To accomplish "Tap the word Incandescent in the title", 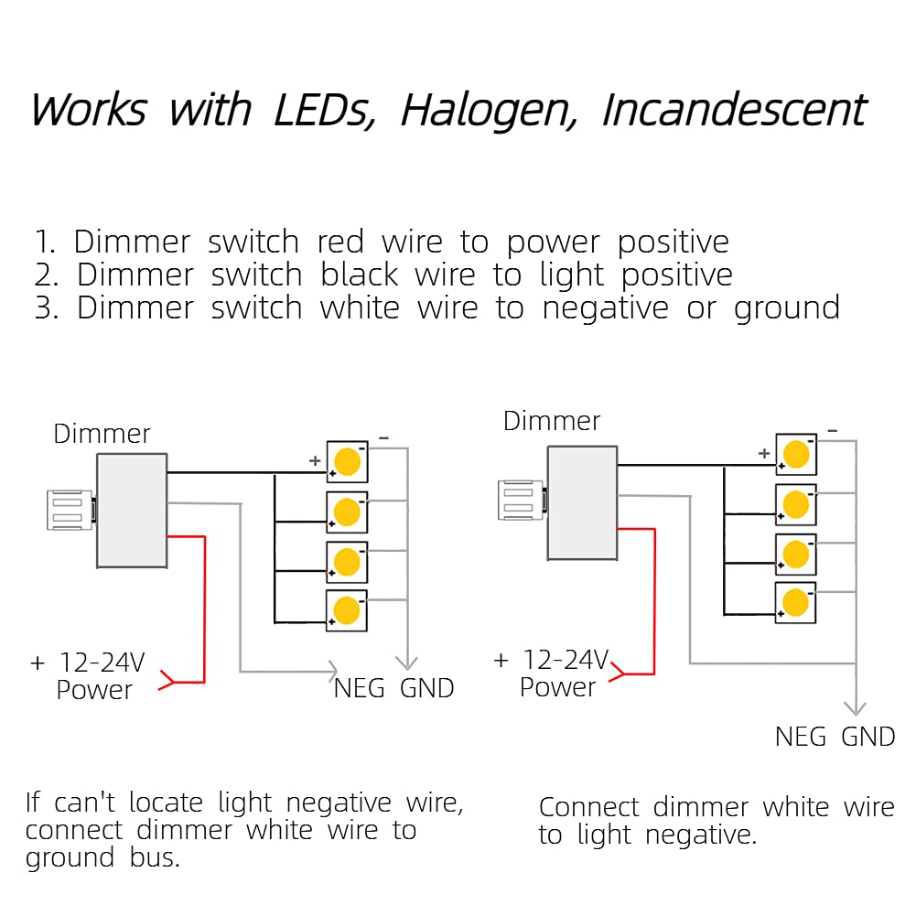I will pyautogui.click(x=733, y=111).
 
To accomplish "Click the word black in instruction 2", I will pyautogui.click(x=360, y=275).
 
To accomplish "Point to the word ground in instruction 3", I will pyautogui.click(x=786, y=308).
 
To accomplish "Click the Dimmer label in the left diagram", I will pyautogui.click(x=102, y=434).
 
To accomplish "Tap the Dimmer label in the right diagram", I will pyautogui.click(x=552, y=421).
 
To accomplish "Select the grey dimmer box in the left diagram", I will pyautogui.click(x=132, y=510).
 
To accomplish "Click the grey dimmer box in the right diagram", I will pyautogui.click(x=582, y=502).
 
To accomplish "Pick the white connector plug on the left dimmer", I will pyautogui.click(x=70, y=510).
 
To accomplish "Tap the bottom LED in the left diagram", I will pyautogui.click(x=347, y=609).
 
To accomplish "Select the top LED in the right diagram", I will pyautogui.click(x=796, y=454).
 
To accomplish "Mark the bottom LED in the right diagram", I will pyautogui.click(x=796, y=602).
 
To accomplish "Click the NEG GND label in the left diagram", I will pyautogui.click(x=393, y=688).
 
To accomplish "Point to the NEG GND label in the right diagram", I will pyautogui.click(x=835, y=737).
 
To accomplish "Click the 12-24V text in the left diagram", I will pyautogui.click(x=102, y=662).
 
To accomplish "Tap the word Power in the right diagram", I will pyautogui.click(x=557, y=687).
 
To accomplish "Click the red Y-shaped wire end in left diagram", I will pyautogui.click(x=167, y=681).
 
